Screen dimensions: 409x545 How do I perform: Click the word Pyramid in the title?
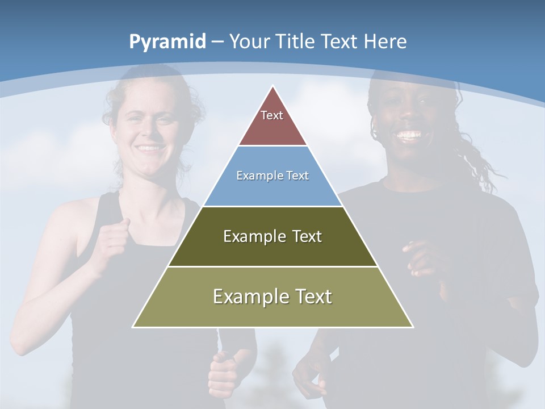coord(167,42)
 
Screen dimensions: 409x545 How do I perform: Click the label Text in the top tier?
coord(272,115)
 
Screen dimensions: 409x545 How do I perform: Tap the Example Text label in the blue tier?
coord(272,176)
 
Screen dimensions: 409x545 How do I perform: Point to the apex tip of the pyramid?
coord(273,87)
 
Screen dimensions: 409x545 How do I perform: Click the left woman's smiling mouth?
coord(150,148)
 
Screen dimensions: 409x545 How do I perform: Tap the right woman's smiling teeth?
coord(409,135)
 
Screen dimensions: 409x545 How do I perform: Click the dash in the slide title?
coord(217,42)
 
